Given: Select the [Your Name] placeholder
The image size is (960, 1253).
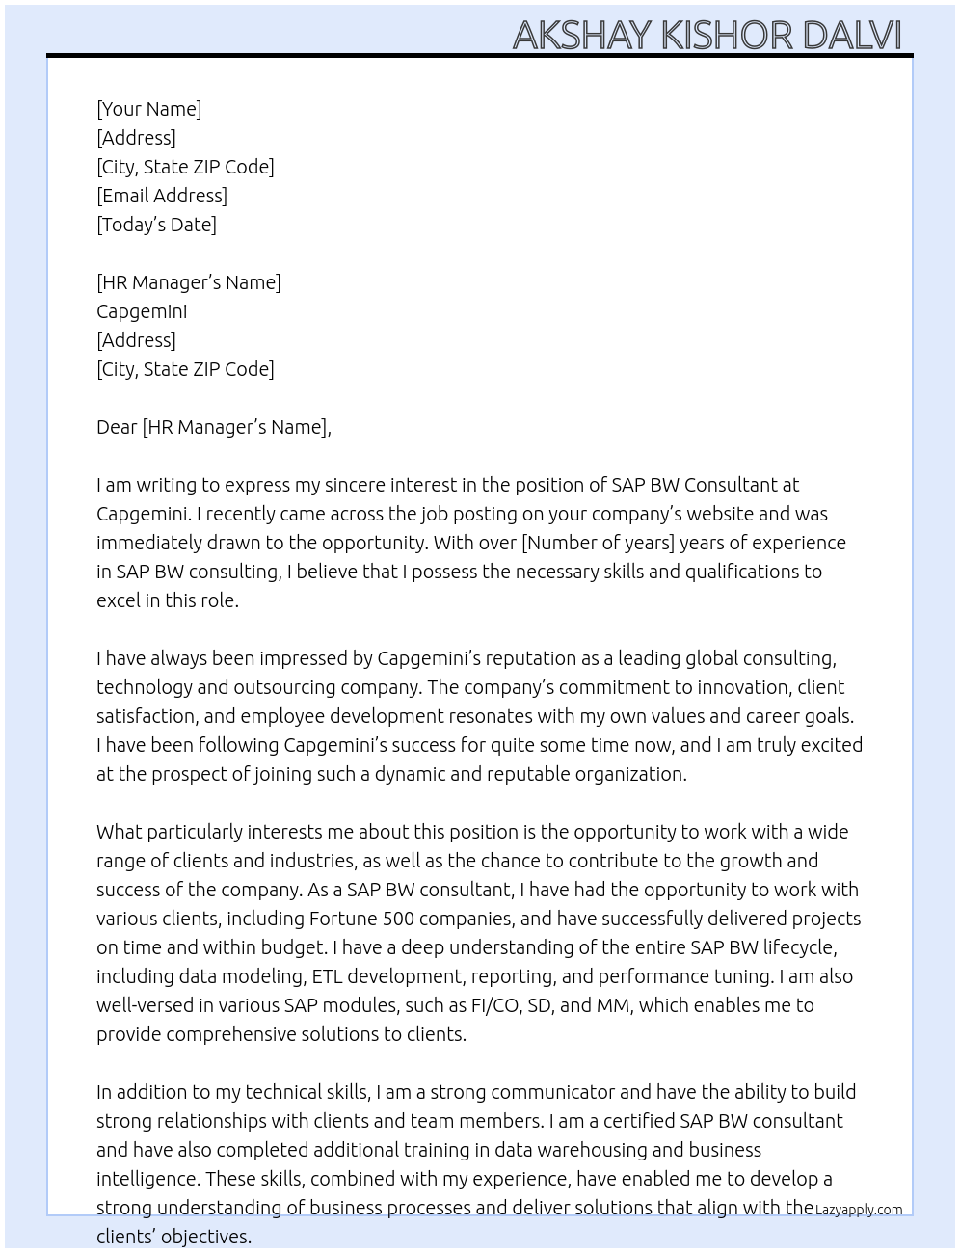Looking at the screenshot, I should coord(148,109).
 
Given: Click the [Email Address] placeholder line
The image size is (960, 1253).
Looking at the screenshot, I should coord(162,196).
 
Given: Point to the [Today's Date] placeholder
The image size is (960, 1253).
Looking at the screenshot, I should coord(156,225).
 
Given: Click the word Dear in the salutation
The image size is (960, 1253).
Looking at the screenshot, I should coord(117,427).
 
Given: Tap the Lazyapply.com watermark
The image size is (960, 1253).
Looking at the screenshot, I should coord(859,1210).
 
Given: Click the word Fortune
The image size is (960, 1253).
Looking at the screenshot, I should coord(343,919).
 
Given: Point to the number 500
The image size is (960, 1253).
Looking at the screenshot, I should coord(400,919).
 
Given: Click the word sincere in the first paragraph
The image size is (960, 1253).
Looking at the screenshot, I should coord(387,485).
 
